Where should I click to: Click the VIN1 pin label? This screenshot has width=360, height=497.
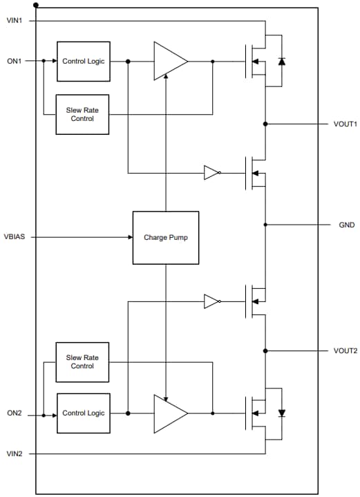15,21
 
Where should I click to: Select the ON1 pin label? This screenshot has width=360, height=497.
15,61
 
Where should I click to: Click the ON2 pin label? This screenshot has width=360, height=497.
15,413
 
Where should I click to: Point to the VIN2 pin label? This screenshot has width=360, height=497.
15,453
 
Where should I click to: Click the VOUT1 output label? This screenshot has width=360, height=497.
345,124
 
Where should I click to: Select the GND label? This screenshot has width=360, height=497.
346,225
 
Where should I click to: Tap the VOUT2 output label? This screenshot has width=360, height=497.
345,350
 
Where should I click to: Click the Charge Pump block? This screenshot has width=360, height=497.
165,237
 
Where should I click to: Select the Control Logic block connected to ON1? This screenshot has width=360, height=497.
83,61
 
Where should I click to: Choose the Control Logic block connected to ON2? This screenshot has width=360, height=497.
83,413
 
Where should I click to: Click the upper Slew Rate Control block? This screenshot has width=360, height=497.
82,115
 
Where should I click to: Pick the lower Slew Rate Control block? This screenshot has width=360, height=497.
82,362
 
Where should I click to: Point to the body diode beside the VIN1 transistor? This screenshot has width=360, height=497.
281,61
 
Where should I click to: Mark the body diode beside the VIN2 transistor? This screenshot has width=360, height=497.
281,413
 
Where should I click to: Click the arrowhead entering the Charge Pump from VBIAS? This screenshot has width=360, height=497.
129,237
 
